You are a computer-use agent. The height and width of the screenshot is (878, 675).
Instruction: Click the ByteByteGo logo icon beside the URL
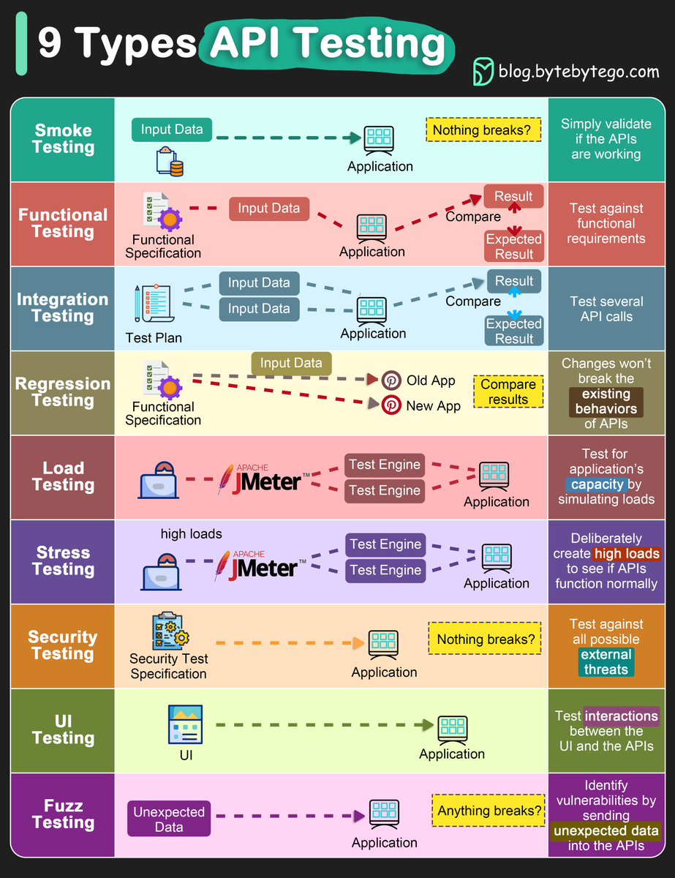tap(483, 71)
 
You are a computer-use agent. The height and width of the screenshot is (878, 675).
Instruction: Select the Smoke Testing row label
tap(64, 139)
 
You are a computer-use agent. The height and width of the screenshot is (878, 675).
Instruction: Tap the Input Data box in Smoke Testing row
tap(172, 130)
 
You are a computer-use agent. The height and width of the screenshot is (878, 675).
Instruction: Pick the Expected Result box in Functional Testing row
tap(513, 247)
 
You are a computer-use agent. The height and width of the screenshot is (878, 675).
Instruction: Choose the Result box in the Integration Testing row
tap(513, 281)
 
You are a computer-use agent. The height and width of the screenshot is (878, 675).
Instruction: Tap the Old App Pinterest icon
tap(391, 380)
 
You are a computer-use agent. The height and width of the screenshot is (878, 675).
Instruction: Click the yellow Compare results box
tap(508, 392)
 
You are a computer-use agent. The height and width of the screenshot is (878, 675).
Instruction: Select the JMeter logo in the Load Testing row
tap(263, 479)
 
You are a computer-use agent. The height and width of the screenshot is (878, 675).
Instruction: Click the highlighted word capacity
tap(597, 484)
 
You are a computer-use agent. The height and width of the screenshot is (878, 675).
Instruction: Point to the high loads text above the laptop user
tap(191, 534)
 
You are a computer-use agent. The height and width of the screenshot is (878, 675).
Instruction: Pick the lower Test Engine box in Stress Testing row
tap(385, 570)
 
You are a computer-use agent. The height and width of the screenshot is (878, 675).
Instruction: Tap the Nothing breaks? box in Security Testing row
tap(486, 639)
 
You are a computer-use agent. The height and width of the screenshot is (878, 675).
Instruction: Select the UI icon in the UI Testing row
tap(185, 724)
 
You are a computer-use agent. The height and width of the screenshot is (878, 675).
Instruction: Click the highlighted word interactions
tap(622, 716)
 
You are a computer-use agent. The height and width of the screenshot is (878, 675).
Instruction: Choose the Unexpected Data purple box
tap(169, 819)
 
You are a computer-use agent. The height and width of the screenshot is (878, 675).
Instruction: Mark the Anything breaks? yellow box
tap(489, 811)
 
